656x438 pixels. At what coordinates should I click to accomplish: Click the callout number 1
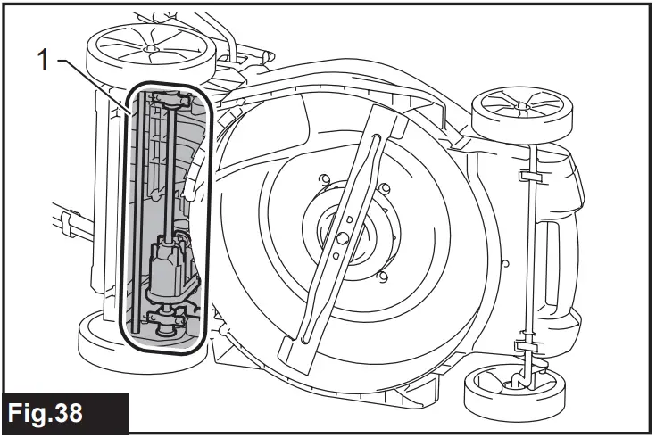(41, 61)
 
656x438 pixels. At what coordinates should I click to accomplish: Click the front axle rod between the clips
(527, 259)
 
